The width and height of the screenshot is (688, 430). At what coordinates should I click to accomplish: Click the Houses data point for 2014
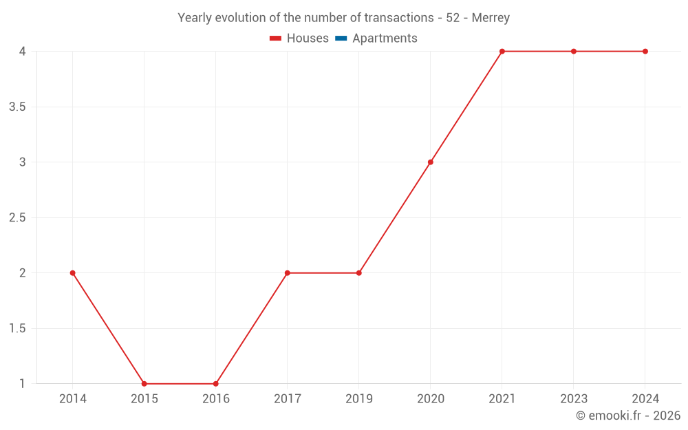point(72,273)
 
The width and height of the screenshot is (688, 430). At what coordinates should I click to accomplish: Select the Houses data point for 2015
point(144,384)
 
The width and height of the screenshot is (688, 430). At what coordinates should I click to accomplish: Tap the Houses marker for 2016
point(215,384)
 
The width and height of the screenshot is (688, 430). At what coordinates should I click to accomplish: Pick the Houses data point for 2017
point(287,273)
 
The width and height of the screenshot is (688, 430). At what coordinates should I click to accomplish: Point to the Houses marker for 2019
point(358,273)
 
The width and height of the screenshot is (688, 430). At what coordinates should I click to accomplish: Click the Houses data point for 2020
point(430,162)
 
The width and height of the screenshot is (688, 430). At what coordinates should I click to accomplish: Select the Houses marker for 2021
point(502,52)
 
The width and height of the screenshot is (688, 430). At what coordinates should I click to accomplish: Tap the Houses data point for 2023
point(573,52)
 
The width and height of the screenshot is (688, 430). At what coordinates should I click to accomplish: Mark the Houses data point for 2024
point(645,52)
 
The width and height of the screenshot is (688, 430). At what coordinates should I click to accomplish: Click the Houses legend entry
point(299,39)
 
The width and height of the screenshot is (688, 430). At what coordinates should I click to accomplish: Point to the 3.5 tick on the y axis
point(17,107)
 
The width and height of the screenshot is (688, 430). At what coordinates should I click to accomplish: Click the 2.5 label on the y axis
point(17,217)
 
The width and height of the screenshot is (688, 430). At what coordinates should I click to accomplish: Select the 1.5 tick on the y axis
point(17,328)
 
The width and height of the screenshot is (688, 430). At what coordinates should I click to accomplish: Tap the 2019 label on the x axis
point(358,399)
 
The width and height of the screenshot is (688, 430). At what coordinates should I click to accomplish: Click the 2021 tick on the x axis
point(502,399)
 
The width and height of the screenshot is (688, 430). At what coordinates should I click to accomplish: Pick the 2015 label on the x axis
point(144,399)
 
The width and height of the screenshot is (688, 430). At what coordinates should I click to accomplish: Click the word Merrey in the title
point(491,18)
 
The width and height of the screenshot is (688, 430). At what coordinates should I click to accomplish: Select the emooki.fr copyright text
point(628,416)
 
